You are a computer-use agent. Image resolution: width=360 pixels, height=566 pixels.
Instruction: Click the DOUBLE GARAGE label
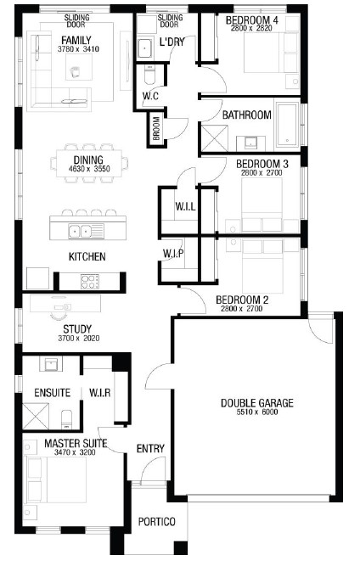pyautogui.click(x=256, y=403)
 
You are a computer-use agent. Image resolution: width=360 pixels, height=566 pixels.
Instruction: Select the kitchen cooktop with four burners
pyautogui.click(x=90, y=282)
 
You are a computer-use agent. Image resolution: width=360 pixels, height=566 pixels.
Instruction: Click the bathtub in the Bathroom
pyautogui.click(x=287, y=125)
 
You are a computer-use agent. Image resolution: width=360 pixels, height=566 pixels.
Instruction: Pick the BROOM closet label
pyautogui.click(x=156, y=128)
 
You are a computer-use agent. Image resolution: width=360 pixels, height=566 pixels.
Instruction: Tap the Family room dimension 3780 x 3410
pyautogui.click(x=78, y=49)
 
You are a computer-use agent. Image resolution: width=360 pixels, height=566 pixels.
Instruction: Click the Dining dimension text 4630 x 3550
pyautogui.click(x=89, y=169)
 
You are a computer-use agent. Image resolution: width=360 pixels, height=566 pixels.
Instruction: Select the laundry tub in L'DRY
pyautogui.click(x=145, y=48)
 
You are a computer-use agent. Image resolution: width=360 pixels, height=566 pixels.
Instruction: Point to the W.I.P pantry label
pyautogui.click(x=173, y=254)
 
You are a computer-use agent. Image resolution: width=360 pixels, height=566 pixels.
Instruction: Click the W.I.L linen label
pyautogui.click(x=185, y=206)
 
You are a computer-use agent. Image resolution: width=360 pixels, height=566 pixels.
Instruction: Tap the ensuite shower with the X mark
pyautogui.click(x=36, y=417)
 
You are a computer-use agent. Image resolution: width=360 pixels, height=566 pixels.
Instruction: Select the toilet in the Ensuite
pyautogui.click(x=68, y=419)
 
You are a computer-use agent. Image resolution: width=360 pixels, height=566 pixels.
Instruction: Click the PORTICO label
pyautogui.click(x=157, y=522)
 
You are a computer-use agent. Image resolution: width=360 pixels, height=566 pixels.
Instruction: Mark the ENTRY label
pyautogui.click(x=150, y=449)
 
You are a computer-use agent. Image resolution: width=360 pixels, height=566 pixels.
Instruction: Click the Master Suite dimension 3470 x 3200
pyautogui.click(x=75, y=452)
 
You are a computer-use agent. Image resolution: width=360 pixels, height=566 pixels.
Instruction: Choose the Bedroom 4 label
pyautogui.click(x=252, y=20)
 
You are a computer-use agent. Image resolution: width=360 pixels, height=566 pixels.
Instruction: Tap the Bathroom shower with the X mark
pyautogui.click(x=215, y=138)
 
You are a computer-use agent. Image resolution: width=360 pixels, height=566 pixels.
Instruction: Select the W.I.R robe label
pyautogui.click(x=99, y=392)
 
